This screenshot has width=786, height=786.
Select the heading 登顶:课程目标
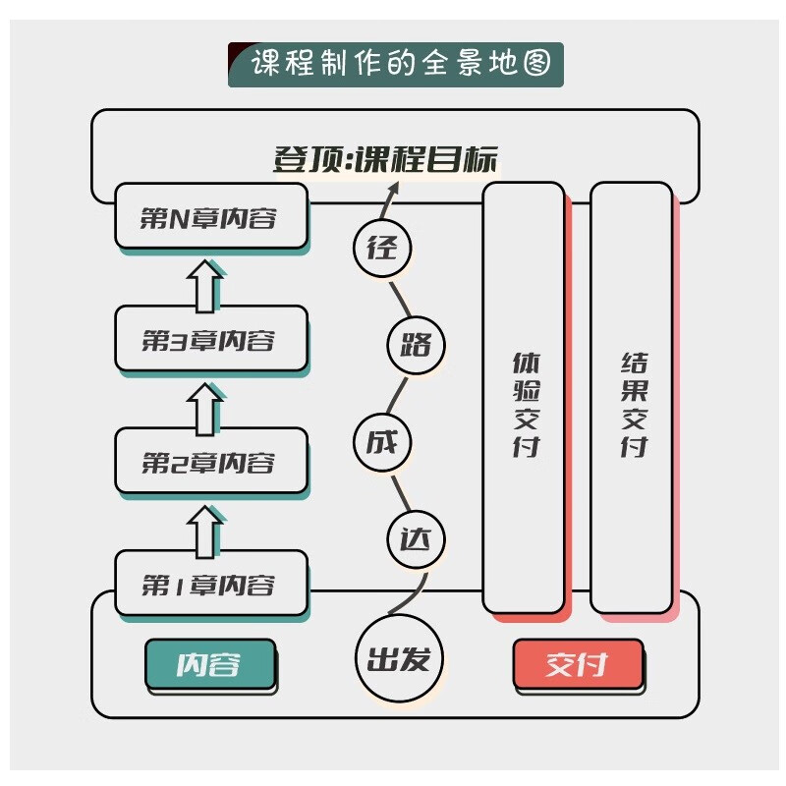point(386,159)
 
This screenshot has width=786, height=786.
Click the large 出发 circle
point(398,658)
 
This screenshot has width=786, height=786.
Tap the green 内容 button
point(209,664)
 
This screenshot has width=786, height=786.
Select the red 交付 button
point(578,664)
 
